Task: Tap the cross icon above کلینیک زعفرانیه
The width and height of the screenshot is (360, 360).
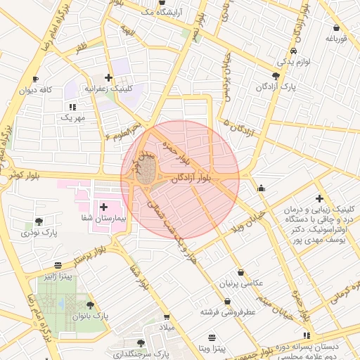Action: click(x=108, y=78)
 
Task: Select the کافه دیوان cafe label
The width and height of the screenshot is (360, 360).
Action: click(x=37, y=91)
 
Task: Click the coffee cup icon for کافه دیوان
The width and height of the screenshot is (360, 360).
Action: click(x=36, y=79)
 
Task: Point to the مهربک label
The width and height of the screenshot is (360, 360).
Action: click(x=72, y=118)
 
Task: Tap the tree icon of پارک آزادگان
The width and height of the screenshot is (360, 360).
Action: click(x=275, y=75)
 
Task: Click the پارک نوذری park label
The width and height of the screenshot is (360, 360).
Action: click(x=39, y=231)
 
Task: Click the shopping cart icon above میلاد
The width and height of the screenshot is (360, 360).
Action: click(x=167, y=317)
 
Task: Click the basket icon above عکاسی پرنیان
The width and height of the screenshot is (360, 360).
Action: click(x=241, y=272)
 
